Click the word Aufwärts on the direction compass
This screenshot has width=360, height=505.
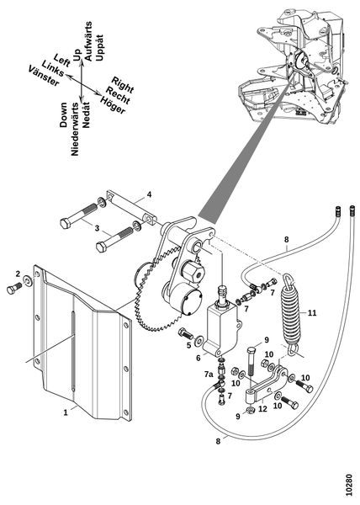pos(88,41)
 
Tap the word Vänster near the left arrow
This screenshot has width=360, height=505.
pos(44,76)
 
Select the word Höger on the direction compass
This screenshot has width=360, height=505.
pos(112,104)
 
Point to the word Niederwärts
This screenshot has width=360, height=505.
pos(75,129)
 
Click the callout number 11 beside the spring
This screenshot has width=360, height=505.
pos(312,312)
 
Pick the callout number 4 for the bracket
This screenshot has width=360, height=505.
pos(149,194)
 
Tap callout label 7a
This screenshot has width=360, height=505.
pos(209,375)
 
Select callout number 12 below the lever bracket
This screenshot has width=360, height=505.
pos(262,409)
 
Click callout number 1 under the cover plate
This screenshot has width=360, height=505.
pos(66,412)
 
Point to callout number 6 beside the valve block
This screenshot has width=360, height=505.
pos(199,358)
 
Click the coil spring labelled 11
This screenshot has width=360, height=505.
pos(292,315)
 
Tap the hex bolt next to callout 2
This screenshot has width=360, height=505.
pos(13,289)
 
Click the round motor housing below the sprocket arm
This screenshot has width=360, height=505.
pos(186,300)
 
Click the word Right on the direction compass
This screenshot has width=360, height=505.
pos(123,84)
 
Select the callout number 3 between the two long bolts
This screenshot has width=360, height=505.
pos(97,228)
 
